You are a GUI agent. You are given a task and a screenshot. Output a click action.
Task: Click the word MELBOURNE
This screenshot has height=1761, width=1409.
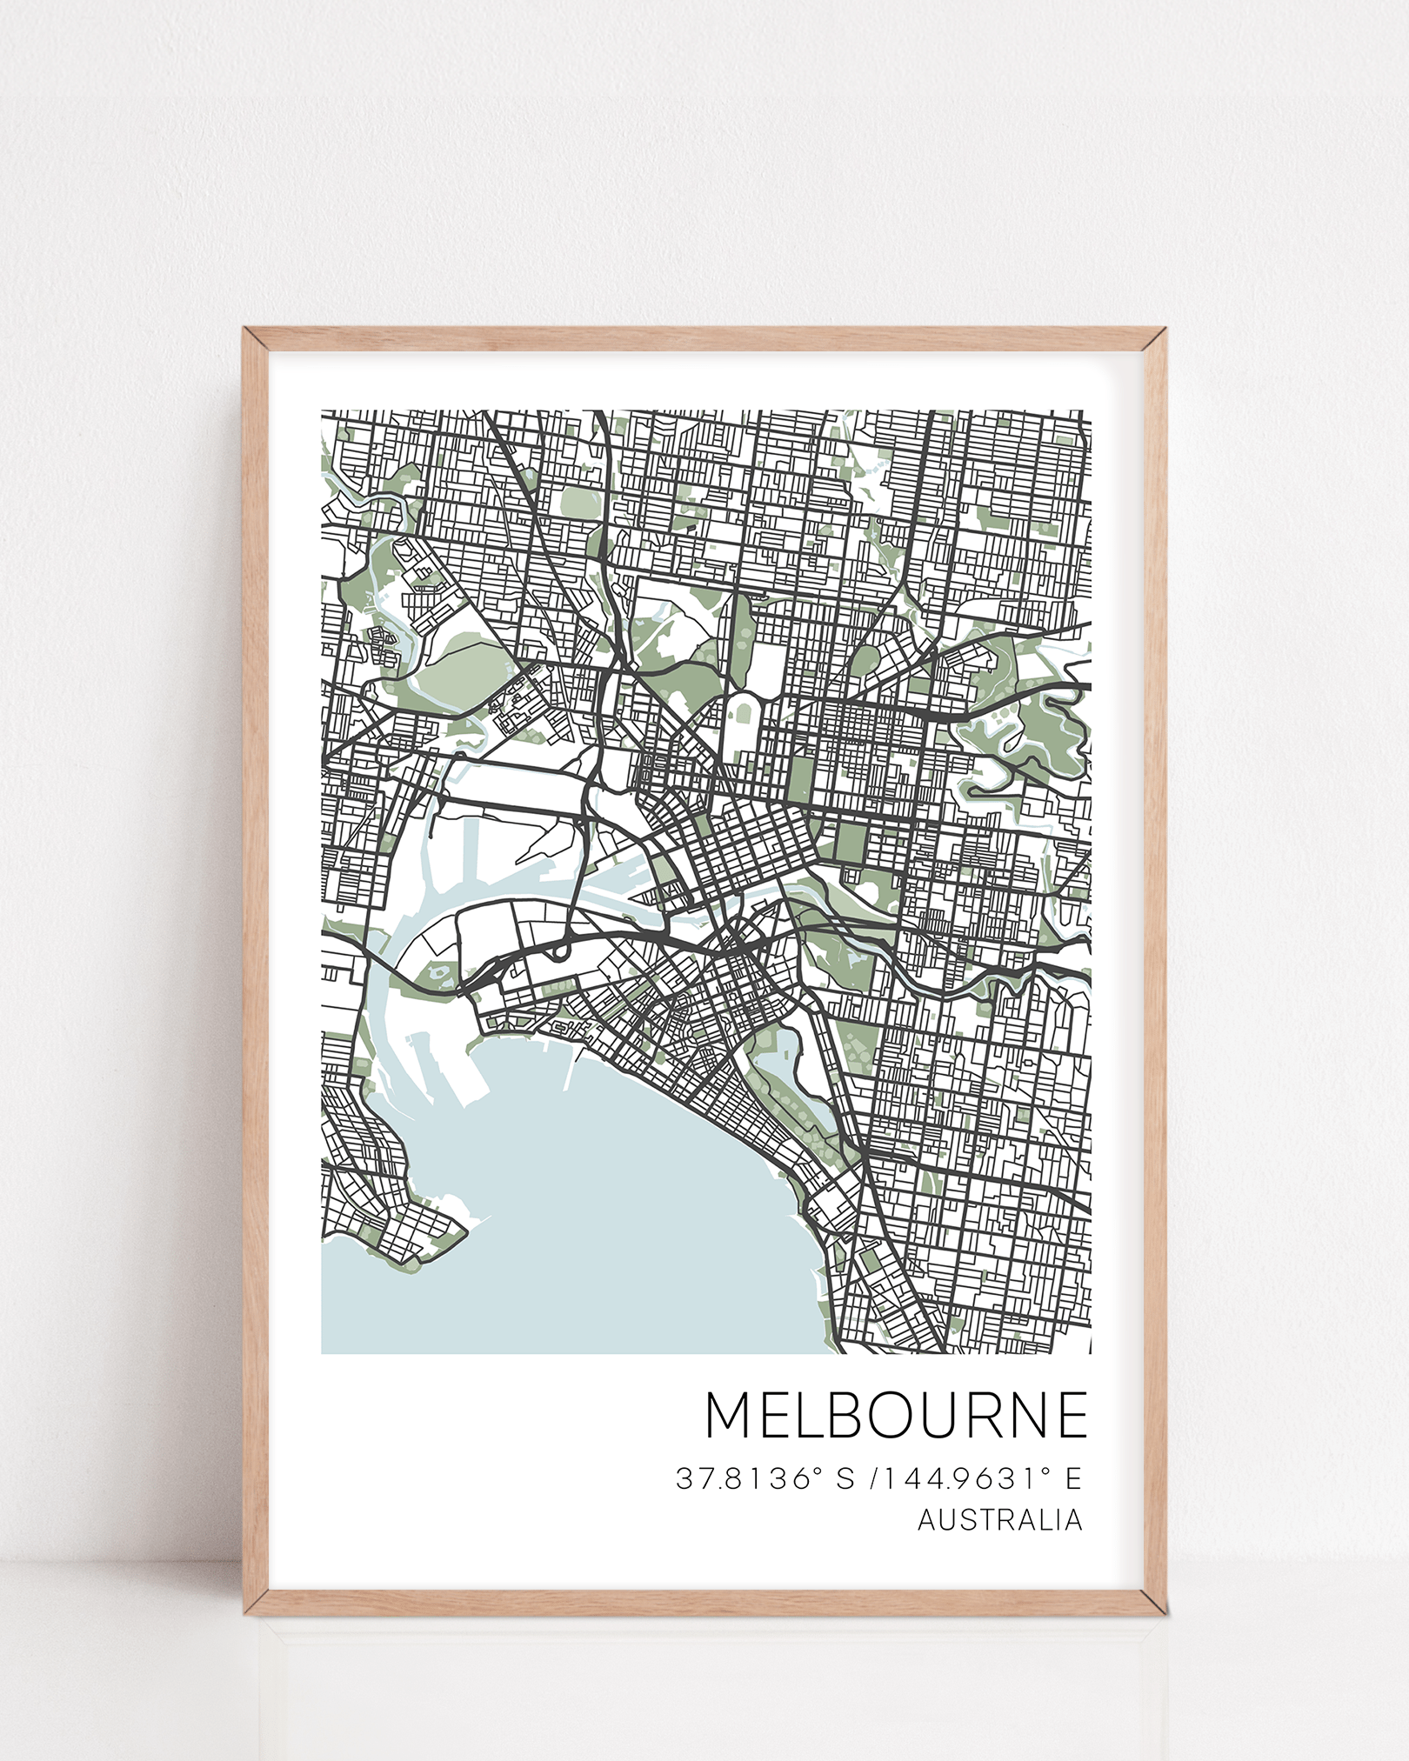[x=896, y=1416]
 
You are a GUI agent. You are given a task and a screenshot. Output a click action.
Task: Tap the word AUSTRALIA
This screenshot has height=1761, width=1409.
[x=1000, y=1520]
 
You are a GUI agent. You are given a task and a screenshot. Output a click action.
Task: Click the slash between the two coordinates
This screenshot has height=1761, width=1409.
[x=873, y=1478]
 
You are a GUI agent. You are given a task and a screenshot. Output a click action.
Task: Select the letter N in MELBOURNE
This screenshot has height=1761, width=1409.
[x=1029, y=1416]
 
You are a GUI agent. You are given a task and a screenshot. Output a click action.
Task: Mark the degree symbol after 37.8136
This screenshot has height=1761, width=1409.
[x=817, y=1471]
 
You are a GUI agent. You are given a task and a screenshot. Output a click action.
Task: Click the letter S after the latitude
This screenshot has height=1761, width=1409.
[x=845, y=1478]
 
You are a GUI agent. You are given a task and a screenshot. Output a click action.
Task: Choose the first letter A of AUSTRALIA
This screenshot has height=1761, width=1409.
[x=927, y=1520]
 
